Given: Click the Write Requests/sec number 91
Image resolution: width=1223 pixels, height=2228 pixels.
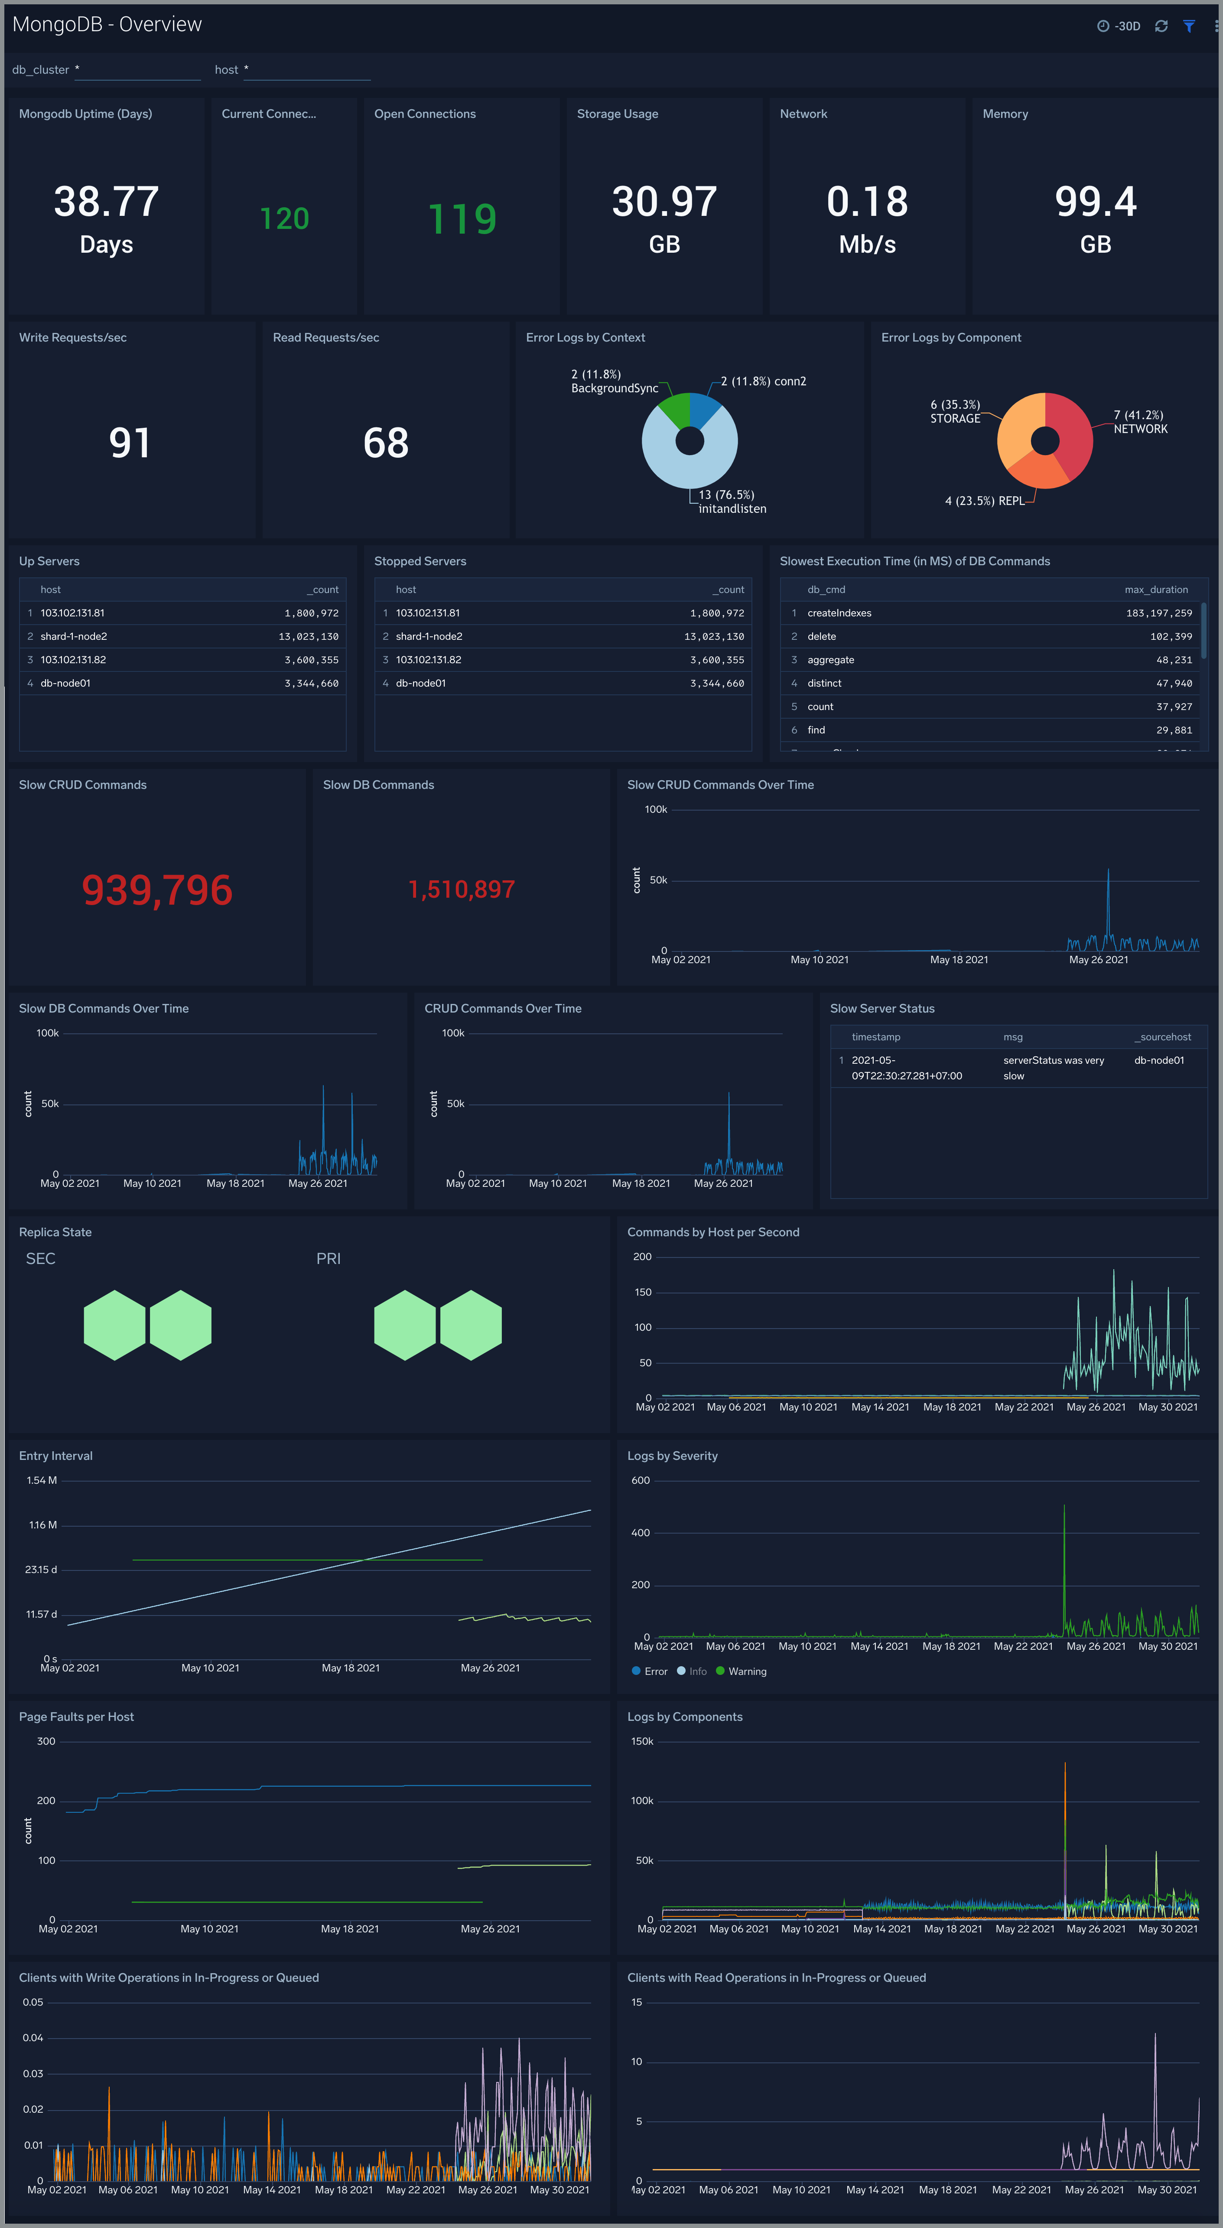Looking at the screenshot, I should coord(130,443).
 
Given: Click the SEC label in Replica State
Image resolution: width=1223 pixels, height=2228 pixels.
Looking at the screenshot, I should coord(41,1258).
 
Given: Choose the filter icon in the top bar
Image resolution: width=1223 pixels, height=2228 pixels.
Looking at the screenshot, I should coord(1189,26).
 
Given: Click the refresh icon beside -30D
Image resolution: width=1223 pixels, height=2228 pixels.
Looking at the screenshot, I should coord(1161,26).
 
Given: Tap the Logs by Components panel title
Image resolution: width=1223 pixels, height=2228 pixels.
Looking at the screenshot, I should coord(684,1717).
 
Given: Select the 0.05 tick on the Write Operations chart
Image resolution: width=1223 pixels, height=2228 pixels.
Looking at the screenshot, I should coord(33,2002).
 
